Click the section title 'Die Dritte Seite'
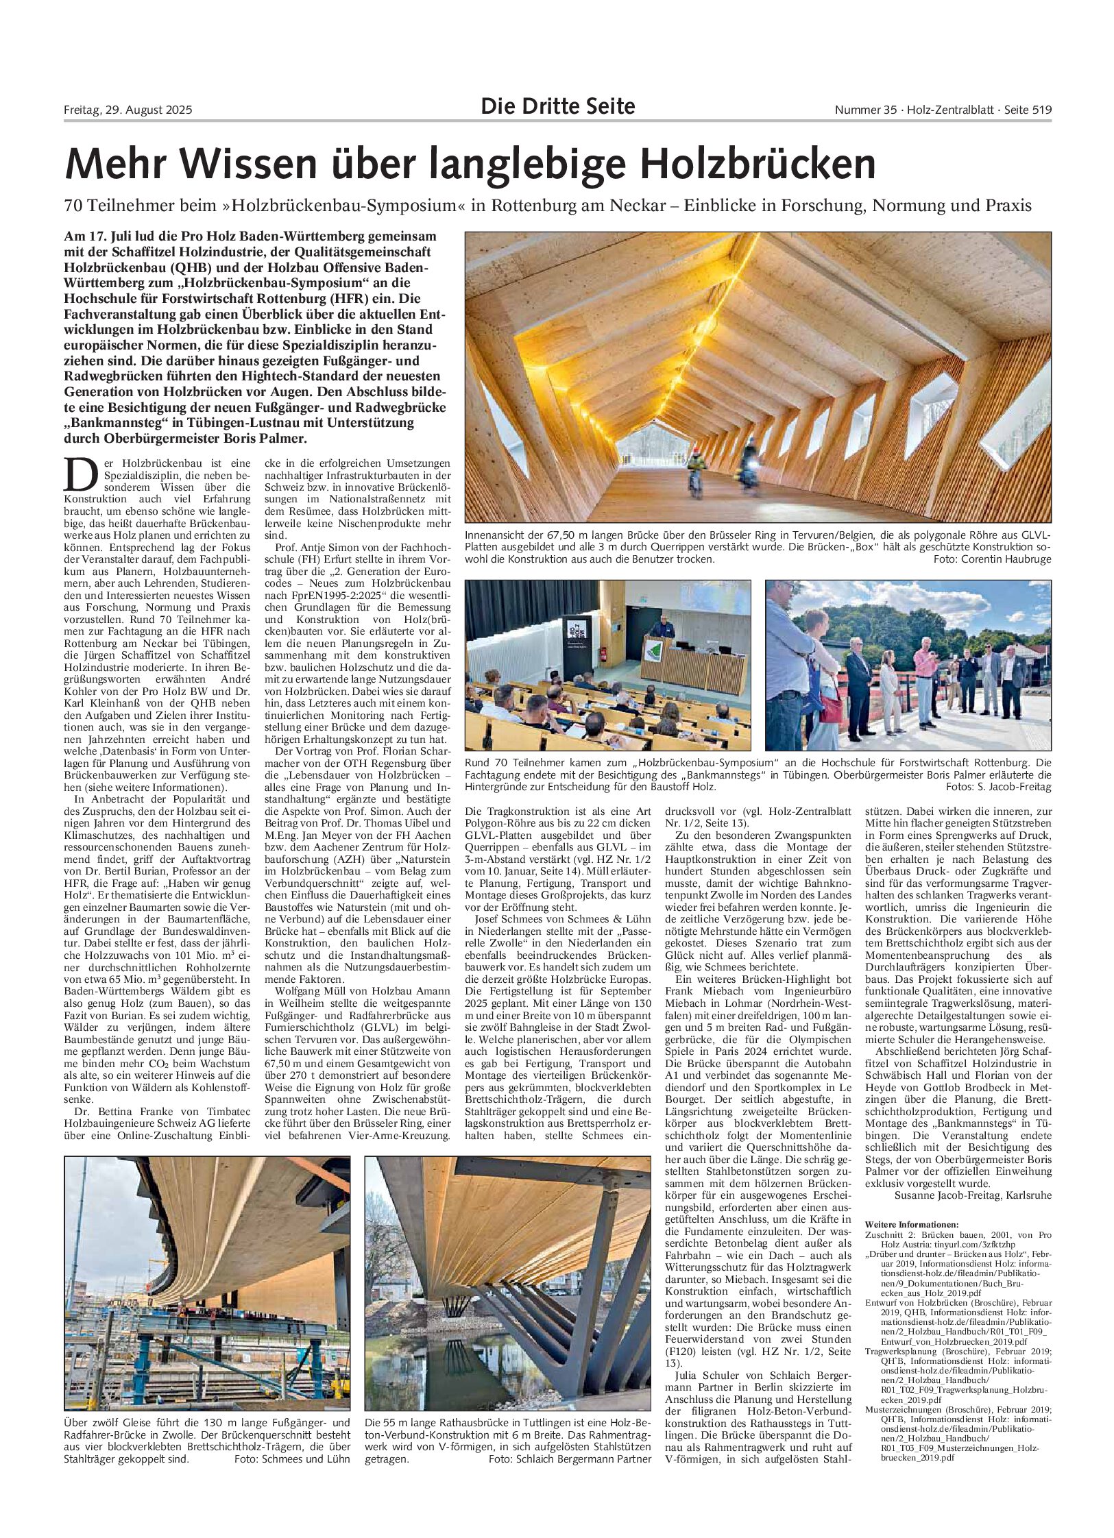click(557, 107)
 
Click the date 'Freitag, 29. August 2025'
click(128, 110)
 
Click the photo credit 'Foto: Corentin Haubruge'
click(992, 559)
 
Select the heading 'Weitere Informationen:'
click(912, 1224)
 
